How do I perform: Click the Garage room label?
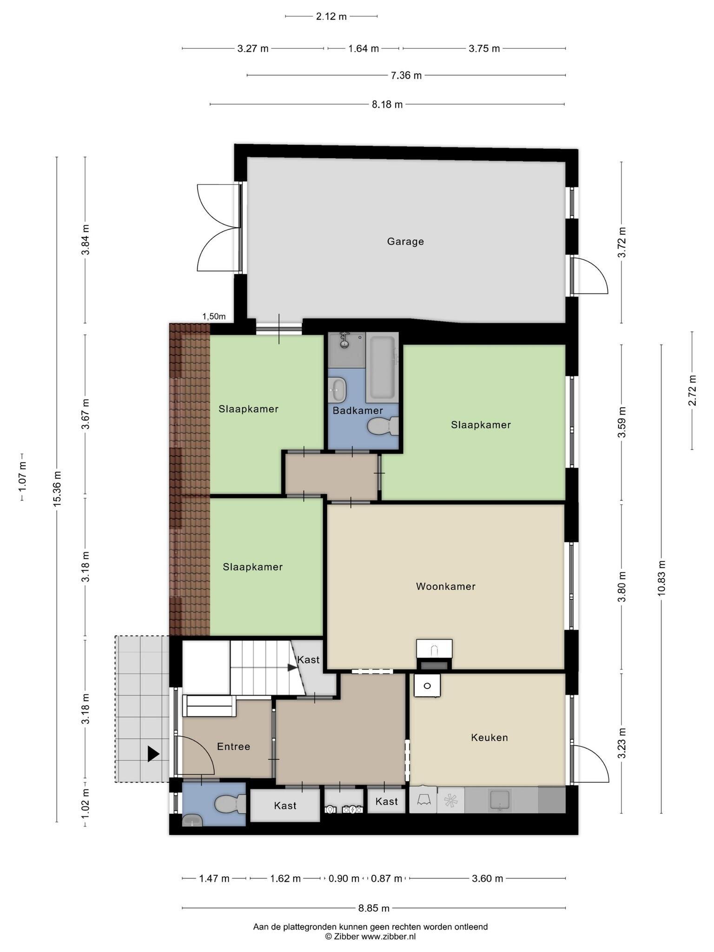405,242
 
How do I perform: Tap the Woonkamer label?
446,587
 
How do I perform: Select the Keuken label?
489,738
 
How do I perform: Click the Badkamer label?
358,410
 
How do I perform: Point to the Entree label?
234,747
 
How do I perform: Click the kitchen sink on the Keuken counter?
500,800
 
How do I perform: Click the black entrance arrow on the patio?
153,754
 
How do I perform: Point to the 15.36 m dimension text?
57,489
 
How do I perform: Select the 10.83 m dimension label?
661,578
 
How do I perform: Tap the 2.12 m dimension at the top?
331,17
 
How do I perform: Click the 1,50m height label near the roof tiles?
214,317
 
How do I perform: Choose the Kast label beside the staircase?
309,660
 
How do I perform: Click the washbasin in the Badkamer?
337,390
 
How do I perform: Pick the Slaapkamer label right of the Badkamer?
481,425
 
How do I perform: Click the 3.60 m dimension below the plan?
488,879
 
